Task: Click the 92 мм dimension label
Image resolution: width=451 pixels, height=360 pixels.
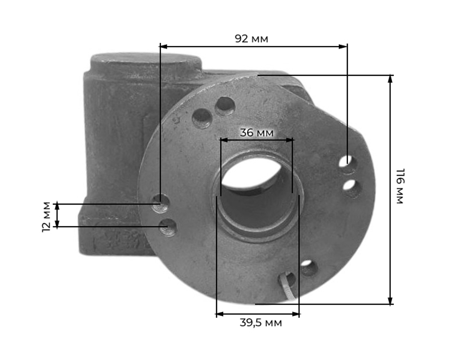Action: click(251, 38)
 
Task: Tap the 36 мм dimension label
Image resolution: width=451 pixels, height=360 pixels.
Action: click(257, 133)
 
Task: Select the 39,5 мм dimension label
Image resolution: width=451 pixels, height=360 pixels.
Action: click(261, 323)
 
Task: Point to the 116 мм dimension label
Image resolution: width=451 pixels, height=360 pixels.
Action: click(400, 186)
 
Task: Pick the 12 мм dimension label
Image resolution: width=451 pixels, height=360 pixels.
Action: click(46, 217)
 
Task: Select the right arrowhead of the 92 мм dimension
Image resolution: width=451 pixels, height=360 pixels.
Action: click(343, 46)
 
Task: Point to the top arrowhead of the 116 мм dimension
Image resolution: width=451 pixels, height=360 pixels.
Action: click(390, 79)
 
